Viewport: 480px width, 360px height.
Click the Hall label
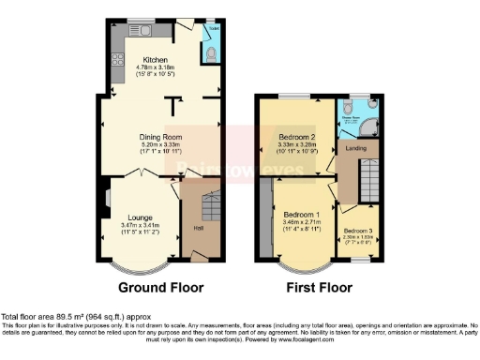click(x=199, y=228)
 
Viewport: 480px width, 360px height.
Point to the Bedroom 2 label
click(x=301, y=137)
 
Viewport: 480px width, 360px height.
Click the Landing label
click(x=355, y=147)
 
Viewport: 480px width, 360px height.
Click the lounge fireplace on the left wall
click(x=106, y=199)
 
